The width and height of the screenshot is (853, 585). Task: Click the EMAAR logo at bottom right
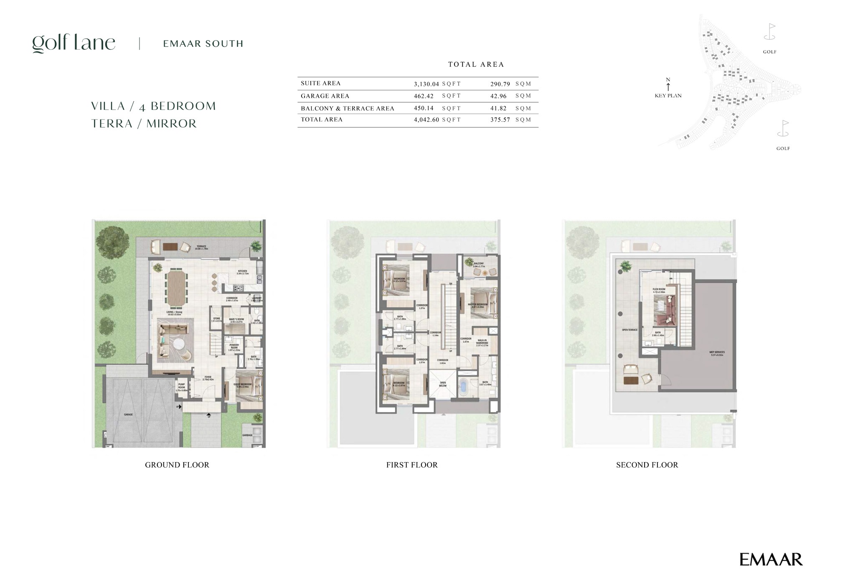coord(771,560)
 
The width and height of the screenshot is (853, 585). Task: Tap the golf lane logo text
coord(74,43)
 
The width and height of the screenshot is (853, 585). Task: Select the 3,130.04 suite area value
coord(426,84)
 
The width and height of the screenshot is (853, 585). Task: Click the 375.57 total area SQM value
coord(500,120)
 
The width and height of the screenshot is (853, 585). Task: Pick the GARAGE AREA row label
coord(325,96)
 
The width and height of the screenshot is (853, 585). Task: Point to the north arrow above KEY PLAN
coord(668,86)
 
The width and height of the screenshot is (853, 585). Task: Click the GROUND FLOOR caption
coord(177,465)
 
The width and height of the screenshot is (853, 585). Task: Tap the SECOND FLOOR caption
coord(647,465)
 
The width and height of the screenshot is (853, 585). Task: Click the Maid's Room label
coord(236,320)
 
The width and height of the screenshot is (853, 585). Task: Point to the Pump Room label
coord(181,387)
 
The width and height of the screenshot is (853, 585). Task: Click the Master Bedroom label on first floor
coord(478,305)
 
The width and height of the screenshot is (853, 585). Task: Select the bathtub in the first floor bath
coord(464,387)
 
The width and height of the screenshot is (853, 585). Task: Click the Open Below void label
coord(443,384)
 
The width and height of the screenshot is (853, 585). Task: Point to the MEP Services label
coord(717,354)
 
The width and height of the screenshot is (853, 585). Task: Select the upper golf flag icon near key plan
coord(769,32)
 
